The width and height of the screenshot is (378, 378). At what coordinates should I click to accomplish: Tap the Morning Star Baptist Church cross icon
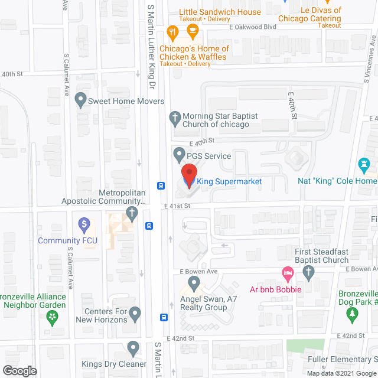click(174, 117)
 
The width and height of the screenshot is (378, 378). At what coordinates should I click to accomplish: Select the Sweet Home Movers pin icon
click(80, 101)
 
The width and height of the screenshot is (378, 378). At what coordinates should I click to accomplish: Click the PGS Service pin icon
click(179, 156)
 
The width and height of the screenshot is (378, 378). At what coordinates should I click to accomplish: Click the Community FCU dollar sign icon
click(84, 224)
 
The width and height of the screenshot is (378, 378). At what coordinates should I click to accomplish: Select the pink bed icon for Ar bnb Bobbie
click(288, 273)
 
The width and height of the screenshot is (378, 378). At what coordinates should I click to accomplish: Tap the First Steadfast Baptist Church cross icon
click(307, 272)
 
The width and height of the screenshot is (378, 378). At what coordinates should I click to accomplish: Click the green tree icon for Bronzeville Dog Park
click(352, 313)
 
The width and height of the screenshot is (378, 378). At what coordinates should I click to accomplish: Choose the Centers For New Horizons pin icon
click(135, 312)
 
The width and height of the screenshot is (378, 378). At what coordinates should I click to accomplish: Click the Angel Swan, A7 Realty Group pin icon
click(193, 283)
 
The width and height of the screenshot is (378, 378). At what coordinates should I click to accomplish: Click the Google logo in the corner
click(19, 370)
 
